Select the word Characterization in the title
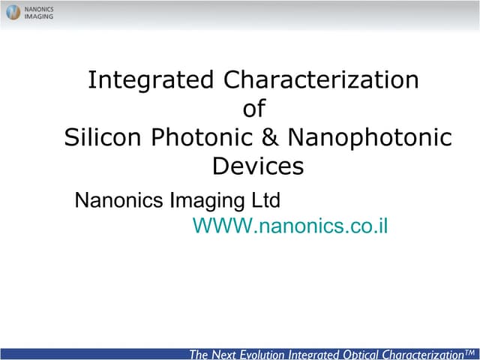(x=321, y=79)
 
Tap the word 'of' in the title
(x=254, y=109)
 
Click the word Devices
(x=258, y=166)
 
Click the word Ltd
(x=265, y=200)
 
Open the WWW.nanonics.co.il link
(x=290, y=226)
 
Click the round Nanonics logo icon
(x=13, y=12)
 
